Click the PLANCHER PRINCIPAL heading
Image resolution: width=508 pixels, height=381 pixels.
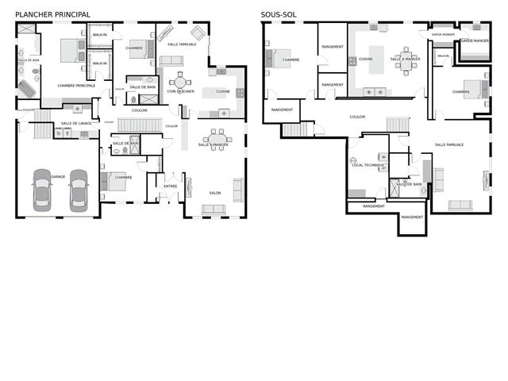point(52,14)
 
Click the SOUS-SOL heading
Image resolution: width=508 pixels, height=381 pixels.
point(279,14)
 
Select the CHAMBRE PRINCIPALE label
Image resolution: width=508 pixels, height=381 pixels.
point(76,85)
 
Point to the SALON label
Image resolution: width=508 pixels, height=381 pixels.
point(214,193)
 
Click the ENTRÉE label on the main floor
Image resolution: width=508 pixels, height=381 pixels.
point(171,186)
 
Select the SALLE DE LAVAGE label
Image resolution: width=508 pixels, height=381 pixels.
point(75,123)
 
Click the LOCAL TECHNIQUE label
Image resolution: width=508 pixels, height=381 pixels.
point(368,164)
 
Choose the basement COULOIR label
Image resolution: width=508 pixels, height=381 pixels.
point(357,117)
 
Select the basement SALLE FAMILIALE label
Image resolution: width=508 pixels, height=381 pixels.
point(449,144)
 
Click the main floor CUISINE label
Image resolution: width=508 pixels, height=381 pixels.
point(223,91)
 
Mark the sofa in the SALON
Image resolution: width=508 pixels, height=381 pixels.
point(214,209)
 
